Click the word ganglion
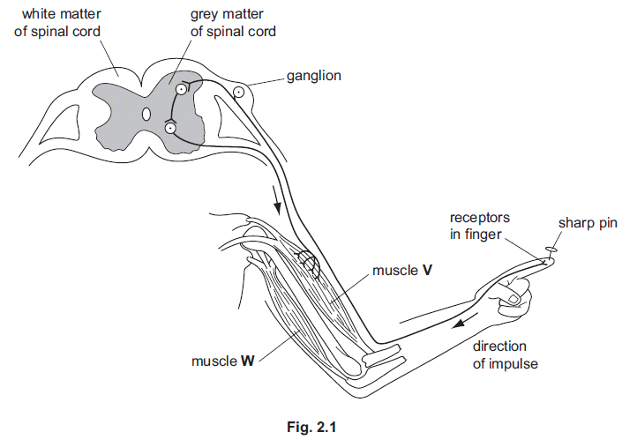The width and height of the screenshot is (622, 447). click(314, 76)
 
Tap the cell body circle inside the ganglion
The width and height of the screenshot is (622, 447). click(238, 93)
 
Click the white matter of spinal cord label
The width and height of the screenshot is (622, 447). click(57, 23)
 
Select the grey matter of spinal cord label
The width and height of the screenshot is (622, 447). click(233, 23)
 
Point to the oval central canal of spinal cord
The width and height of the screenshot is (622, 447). click(146, 114)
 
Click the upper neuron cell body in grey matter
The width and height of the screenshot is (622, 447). click(181, 90)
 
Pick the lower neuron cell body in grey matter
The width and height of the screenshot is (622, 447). click(170, 128)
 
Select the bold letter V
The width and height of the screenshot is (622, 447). click(427, 271)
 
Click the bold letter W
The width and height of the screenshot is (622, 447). click(248, 361)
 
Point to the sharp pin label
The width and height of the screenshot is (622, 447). click(588, 224)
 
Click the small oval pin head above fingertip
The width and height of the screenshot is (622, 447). click(551, 250)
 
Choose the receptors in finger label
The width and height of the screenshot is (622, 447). click(480, 226)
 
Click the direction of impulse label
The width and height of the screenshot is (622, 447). click(505, 355)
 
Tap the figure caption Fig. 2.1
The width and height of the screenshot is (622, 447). click(311, 428)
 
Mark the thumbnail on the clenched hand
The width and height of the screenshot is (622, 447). click(513, 299)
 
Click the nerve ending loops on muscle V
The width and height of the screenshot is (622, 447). click(310, 263)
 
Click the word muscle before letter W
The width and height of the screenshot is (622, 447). click(214, 361)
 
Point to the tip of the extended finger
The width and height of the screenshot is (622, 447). click(553, 261)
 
